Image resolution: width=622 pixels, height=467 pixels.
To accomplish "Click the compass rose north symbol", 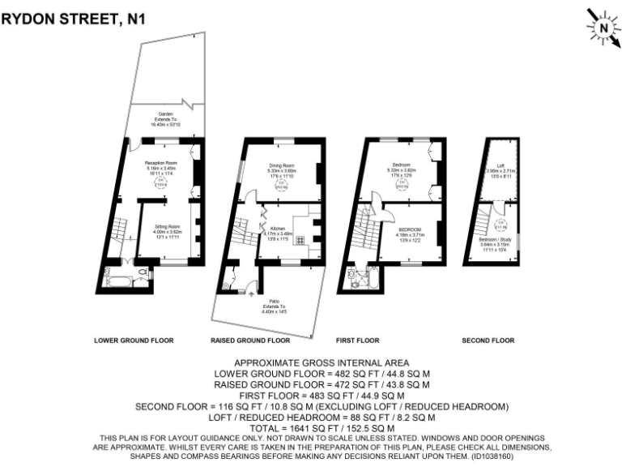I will point(603,28).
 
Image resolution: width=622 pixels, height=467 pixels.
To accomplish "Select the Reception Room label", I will point(160,164).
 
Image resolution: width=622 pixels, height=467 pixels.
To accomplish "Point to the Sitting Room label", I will point(165,226).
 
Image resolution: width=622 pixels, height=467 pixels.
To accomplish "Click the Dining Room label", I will point(281,165).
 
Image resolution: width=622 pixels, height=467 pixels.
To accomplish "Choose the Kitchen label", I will point(278,229).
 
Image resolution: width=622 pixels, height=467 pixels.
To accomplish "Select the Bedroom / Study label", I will point(496,241).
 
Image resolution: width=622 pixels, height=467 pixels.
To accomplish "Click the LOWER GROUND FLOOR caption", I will point(134,341).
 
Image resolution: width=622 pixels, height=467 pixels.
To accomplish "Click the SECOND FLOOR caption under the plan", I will point(488,341).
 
